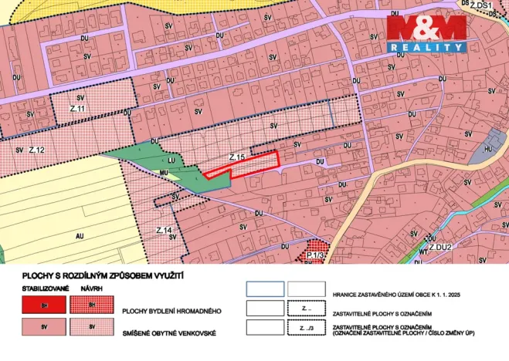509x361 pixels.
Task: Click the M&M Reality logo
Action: coord(426,34)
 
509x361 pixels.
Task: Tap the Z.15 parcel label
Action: coord(237,157)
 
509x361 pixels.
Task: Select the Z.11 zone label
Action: coord(76,109)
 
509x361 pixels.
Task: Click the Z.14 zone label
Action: coord(163,231)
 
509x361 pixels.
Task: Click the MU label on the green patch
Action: coord(164,173)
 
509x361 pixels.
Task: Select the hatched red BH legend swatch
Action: coord(91,305)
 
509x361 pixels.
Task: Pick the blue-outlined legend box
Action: coord(264,289)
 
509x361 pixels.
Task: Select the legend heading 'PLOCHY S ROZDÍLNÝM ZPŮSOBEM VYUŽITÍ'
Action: coord(97,273)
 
